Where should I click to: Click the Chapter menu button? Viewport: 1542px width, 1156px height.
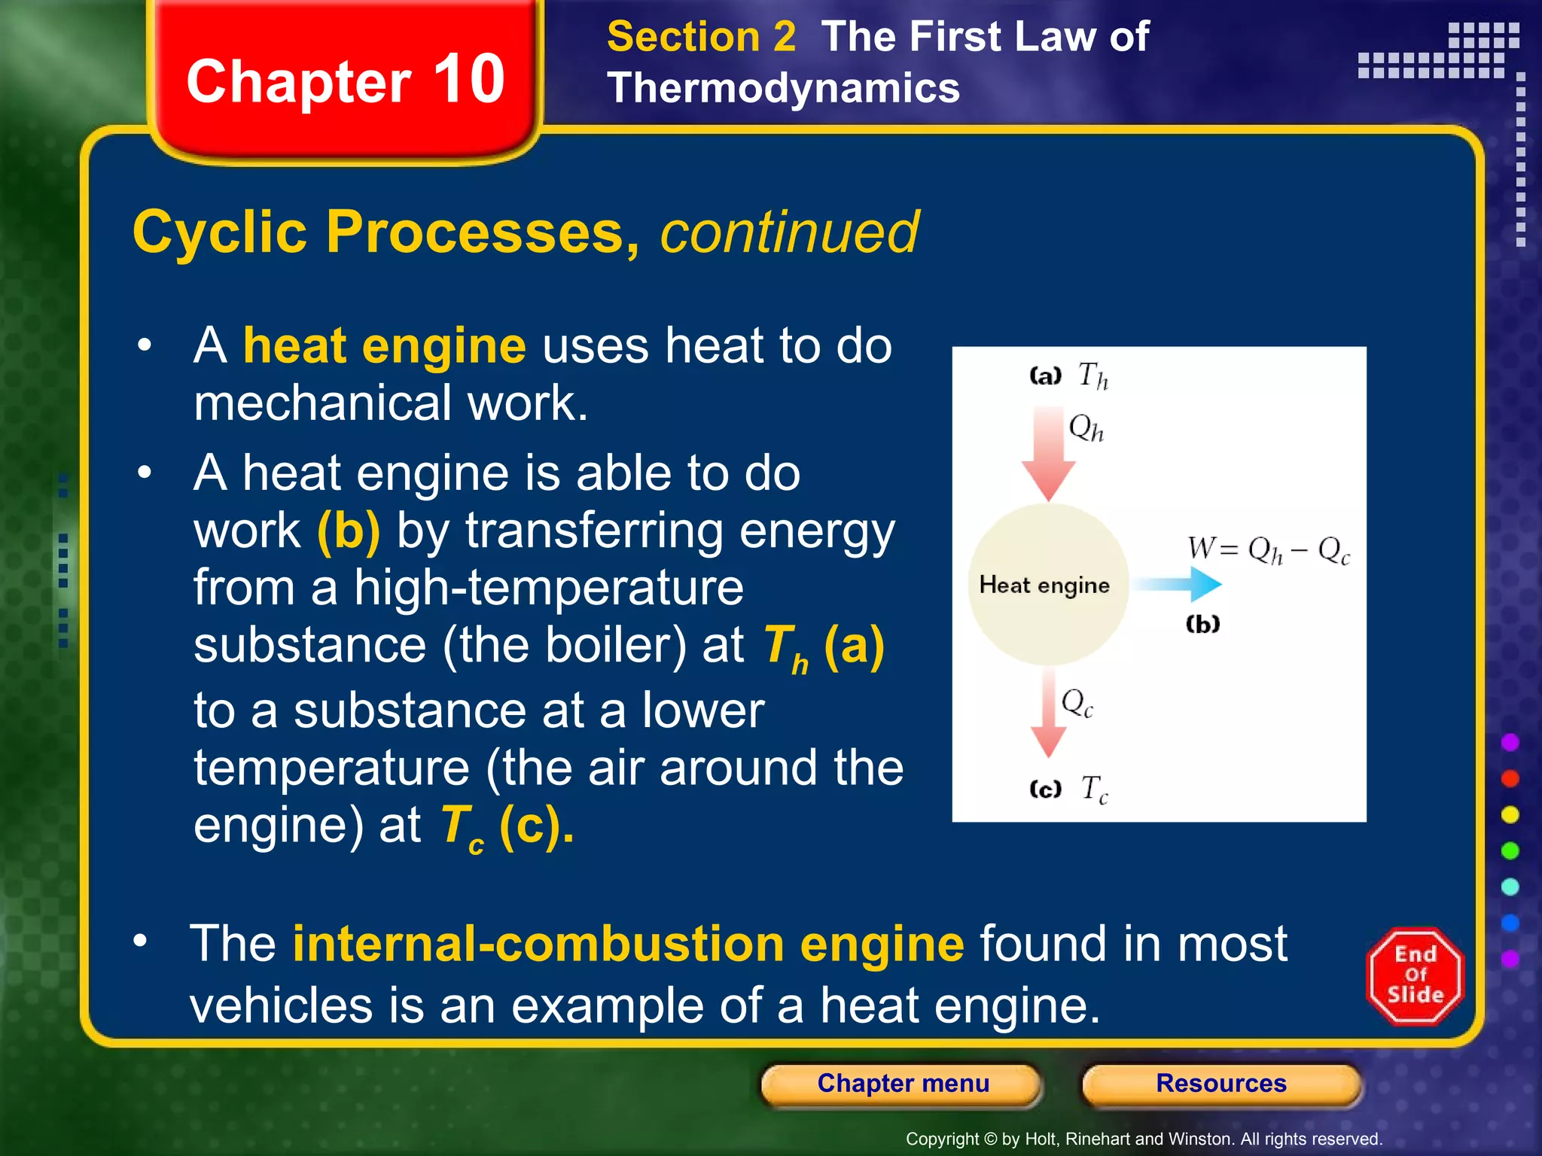(x=903, y=1084)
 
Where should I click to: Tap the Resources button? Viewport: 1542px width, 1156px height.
(x=1220, y=1084)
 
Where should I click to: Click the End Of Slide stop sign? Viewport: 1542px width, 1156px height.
(x=1415, y=976)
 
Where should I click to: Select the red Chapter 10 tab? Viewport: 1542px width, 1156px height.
(x=346, y=81)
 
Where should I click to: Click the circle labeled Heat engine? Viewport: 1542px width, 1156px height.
(x=1047, y=585)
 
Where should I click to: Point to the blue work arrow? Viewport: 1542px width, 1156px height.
(x=1178, y=583)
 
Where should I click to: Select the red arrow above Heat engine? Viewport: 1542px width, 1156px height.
(x=1048, y=452)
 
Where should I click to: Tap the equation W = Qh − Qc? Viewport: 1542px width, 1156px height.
(x=1269, y=549)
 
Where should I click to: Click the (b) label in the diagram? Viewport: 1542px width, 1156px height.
(x=1202, y=624)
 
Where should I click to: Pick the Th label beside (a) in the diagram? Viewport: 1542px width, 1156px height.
(x=1093, y=375)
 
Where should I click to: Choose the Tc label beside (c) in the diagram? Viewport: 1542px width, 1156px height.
(x=1094, y=789)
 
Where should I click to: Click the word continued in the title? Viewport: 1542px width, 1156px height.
(x=789, y=232)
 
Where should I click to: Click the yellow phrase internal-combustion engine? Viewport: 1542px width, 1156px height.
(x=628, y=944)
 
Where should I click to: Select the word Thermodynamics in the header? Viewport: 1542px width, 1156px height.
(x=783, y=88)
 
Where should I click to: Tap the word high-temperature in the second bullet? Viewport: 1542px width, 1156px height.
(x=548, y=587)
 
